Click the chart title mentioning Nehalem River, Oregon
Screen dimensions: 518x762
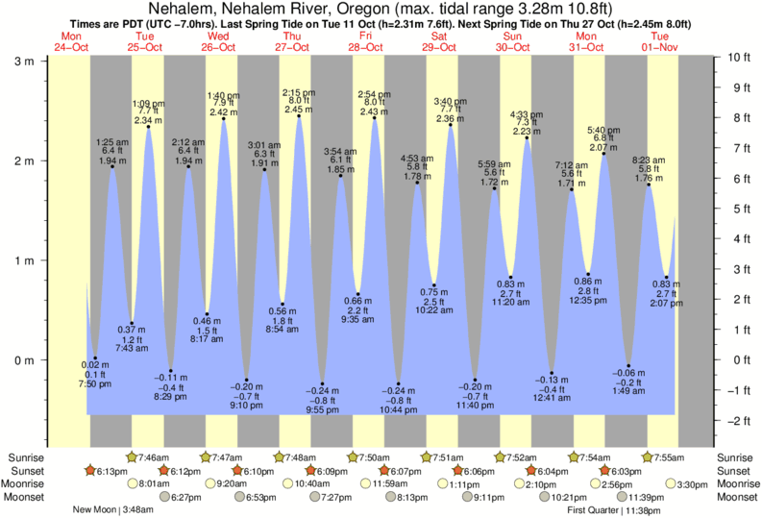click(381, 9)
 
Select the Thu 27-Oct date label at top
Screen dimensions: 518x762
click(293, 40)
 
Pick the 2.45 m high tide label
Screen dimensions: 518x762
click(299, 110)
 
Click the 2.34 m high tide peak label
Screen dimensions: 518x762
click(148, 120)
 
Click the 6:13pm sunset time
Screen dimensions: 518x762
click(111, 471)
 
